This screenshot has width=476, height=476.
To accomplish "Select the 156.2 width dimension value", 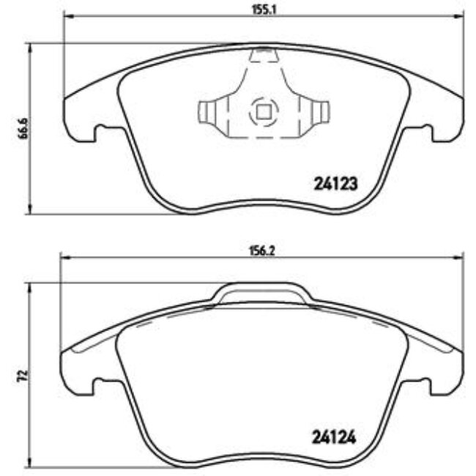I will (260, 248).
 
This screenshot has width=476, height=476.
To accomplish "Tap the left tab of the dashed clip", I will (209, 112).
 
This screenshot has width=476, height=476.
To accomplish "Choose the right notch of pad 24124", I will (423, 385).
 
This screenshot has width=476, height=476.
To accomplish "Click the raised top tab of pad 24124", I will (262, 292).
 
